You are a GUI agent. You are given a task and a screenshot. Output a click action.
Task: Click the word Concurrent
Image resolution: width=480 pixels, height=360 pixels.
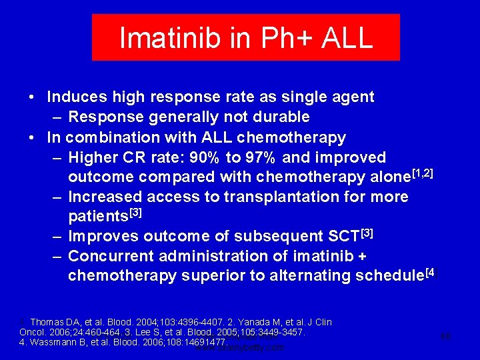click(x=109, y=257)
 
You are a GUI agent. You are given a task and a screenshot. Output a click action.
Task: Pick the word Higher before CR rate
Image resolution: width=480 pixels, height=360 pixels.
click(x=92, y=158)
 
